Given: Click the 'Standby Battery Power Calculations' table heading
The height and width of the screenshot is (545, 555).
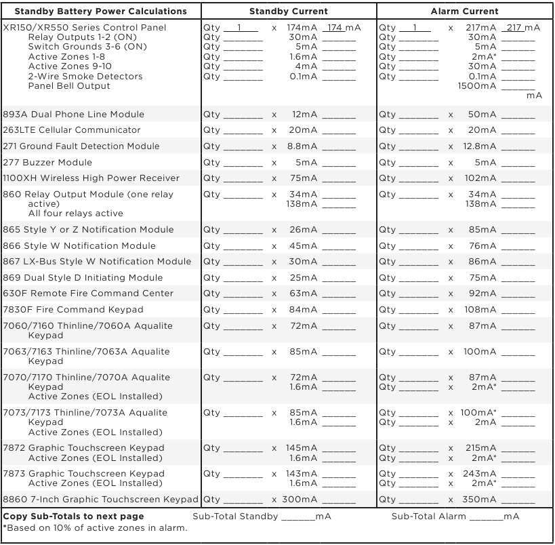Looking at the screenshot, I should point(100,11).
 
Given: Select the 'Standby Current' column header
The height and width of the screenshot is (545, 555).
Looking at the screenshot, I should point(288,11).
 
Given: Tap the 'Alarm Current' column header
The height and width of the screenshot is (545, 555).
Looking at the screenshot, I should point(464,11).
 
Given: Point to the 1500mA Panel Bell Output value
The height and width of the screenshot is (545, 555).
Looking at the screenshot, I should point(476,86).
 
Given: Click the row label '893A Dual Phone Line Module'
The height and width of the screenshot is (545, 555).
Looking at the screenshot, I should point(73,115).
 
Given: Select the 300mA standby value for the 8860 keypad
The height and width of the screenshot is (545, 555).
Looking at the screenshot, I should point(300,500).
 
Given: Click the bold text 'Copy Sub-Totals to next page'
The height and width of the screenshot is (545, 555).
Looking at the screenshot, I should point(73,517).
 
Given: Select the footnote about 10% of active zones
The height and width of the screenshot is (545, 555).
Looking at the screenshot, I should point(95,528).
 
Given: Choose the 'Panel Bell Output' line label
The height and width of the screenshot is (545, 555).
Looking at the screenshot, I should point(69,86).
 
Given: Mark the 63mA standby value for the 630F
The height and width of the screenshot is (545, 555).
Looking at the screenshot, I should point(304,294).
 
